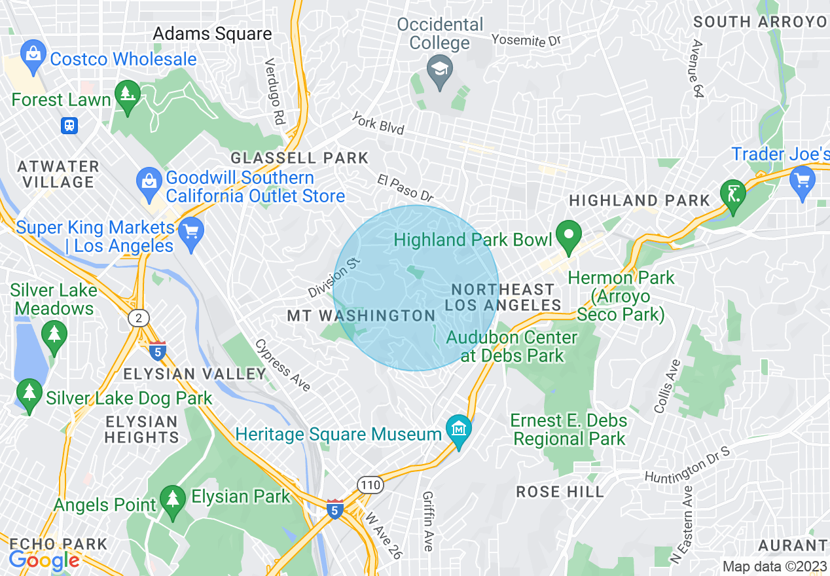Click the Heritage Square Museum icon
pos(459,429)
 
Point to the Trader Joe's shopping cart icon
pos(802,179)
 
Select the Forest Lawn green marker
pos(127,95)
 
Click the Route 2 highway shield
pos(138,319)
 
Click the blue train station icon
pos(69,125)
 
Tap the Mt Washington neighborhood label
pos(361,316)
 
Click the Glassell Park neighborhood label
pos(300,158)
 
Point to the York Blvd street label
pos(378,122)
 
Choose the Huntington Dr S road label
pos(687,466)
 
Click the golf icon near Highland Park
pos(732,194)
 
